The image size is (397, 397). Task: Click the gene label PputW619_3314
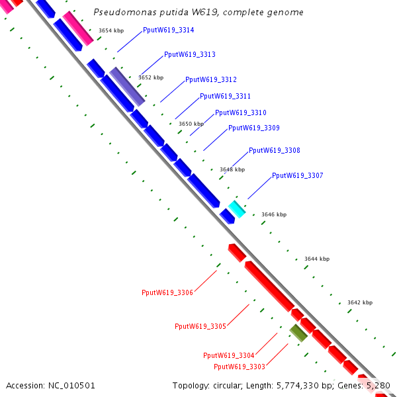click(x=168, y=30)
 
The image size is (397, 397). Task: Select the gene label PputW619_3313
click(x=189, y=54)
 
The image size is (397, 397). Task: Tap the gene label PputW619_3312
click(x=211, y=79)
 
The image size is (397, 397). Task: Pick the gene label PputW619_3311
click(x=225, y=97)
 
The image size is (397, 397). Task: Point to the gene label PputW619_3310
click(x=241, y=112)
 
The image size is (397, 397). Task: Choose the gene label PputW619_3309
click(x=254, y=128)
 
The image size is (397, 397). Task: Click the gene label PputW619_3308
click(x=275, y=151)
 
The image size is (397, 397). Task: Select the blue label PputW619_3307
click(x=298, y=175)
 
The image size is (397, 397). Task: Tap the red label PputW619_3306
click(x=167, y=292)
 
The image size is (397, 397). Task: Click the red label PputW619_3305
click(x=200, y=326)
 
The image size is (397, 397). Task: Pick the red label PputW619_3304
click(x=228, y=356)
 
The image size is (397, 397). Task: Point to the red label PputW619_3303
click(x=240, y=367)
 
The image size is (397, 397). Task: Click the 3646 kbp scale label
click(x=274, y=214)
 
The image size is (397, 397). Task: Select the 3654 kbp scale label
click(x=110, y=30)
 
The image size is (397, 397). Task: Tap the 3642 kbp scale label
click(x=360, y=302)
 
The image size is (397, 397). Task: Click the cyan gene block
click(x=237, y=208)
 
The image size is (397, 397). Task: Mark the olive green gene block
click(x=298, y=332)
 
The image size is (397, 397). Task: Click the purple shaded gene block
click(x=126, y=86)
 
